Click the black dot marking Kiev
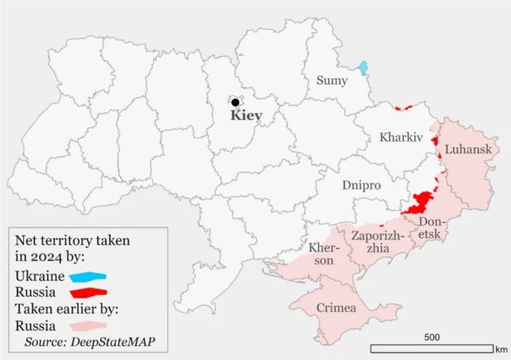tap(235, 102)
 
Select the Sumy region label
tap(331, 80)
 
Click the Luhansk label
tap(467, 150)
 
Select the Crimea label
tap(337, 308)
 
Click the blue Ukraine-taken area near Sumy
tap(364, 68)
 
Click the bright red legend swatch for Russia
tap(85, 292)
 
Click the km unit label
tap(502, 349)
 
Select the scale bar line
tap(432, 348)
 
